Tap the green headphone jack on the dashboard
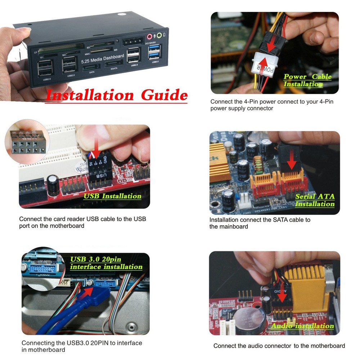click(158, 36)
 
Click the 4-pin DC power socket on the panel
click(131, 42)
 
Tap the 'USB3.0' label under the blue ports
click(156, 62)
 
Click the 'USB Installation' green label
click(112, 196)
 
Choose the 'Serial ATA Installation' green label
click(315, 201)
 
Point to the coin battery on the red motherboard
click(248, 320)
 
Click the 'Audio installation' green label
click(302, 326)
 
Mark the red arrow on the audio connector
click(282, 295)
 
